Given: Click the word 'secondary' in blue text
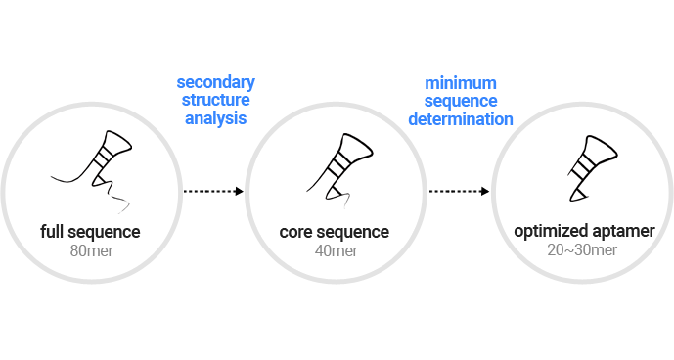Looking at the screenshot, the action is coord(216,82).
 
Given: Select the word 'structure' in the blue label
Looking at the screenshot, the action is coord(216,100).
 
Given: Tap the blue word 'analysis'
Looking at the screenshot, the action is coord(216,118).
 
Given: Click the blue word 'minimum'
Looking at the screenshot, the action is coord(461,83).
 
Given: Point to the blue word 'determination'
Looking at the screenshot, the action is coord(461,119).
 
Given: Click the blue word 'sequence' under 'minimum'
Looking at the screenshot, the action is coord(461,102).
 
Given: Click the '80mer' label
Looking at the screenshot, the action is coord(92,250).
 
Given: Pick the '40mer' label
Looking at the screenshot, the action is coord(337,250).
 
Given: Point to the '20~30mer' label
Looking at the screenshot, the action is coord(582,249).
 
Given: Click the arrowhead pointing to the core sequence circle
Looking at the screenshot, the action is coord(240,191).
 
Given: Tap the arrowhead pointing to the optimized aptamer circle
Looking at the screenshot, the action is coord(485,191).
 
